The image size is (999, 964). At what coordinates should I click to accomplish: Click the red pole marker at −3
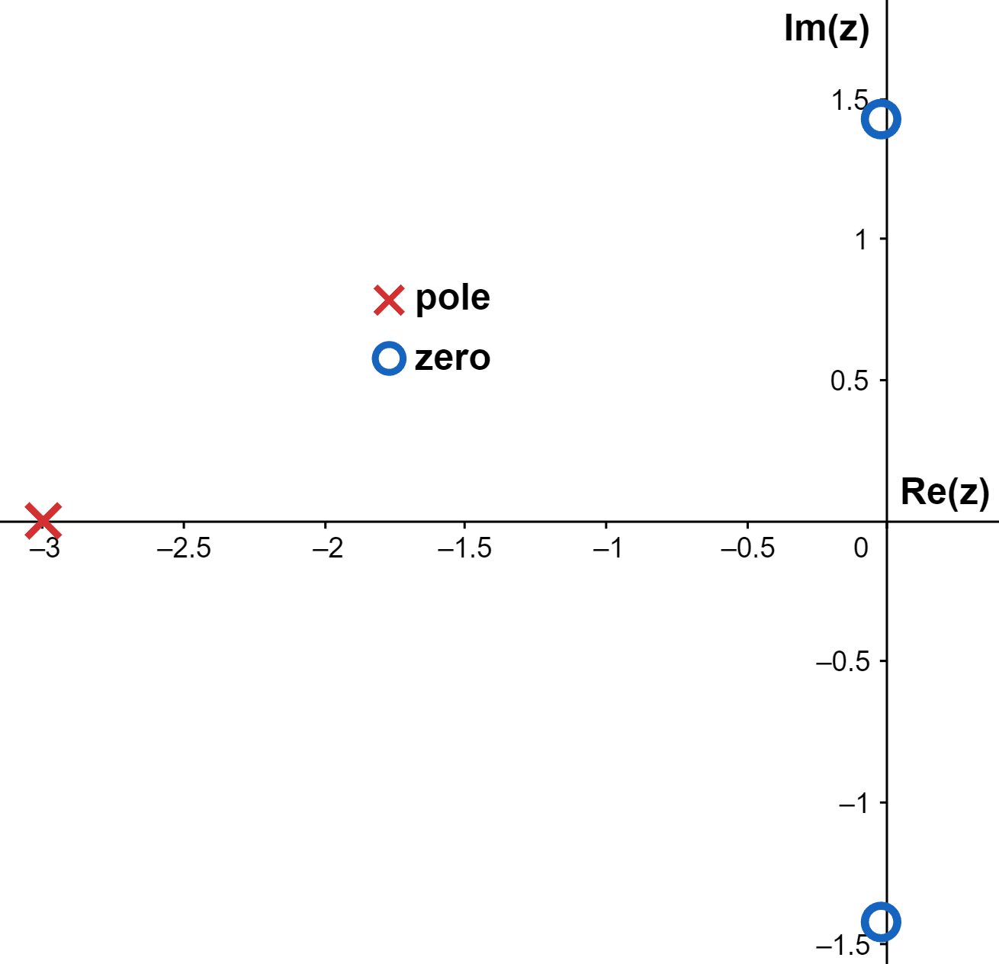click(43, 521)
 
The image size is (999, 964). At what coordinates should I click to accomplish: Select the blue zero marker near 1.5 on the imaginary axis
click(881, 119)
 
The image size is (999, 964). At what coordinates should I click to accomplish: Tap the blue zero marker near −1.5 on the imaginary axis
click(881, 922)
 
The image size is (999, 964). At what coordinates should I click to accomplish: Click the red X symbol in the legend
click(389, 300)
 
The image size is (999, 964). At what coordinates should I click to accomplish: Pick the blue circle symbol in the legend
click(389, 358)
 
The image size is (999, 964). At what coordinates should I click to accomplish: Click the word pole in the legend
click(452, 298)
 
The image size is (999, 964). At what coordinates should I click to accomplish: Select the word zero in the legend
click(452, 358)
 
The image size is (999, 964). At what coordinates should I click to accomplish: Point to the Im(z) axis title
click(827, 29)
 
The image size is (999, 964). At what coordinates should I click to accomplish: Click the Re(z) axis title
click(945, 492)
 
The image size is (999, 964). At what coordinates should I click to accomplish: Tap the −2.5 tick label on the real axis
click(184, 548)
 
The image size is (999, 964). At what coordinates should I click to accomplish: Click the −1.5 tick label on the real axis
click(464, 548)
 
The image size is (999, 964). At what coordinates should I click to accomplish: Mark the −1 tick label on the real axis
click(608, 548)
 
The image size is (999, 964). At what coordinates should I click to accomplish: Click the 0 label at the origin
click(861, 548)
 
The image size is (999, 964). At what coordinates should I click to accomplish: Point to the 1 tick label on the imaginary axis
click(861, 239)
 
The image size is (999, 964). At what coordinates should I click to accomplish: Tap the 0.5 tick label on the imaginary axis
click(850, 381)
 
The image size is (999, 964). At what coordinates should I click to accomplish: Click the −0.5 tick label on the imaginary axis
click(843, 661)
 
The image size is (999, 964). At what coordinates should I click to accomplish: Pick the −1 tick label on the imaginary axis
click(853, 803)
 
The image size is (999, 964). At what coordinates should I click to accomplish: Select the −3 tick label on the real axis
click(43, 548)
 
